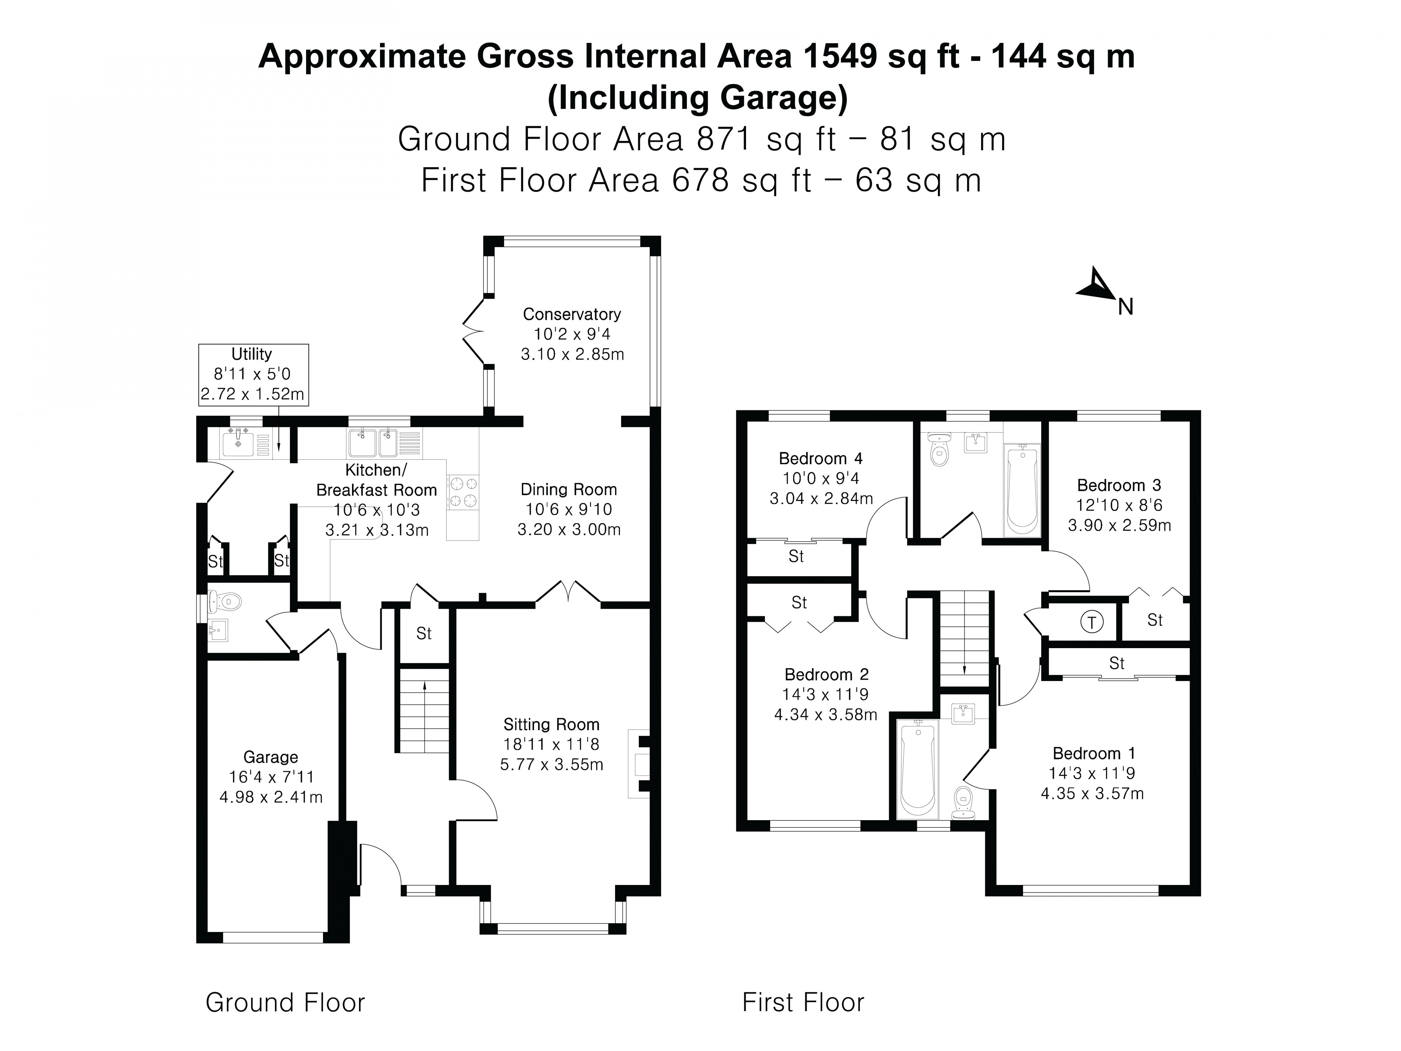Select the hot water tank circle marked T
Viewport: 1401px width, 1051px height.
[1091, 621]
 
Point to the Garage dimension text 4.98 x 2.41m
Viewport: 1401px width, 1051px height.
[271, 797]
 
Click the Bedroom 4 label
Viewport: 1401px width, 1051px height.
[820, 458]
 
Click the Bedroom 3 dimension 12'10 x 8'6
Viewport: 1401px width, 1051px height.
[1119, 505]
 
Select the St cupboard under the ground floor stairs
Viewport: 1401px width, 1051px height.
[424, 633]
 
